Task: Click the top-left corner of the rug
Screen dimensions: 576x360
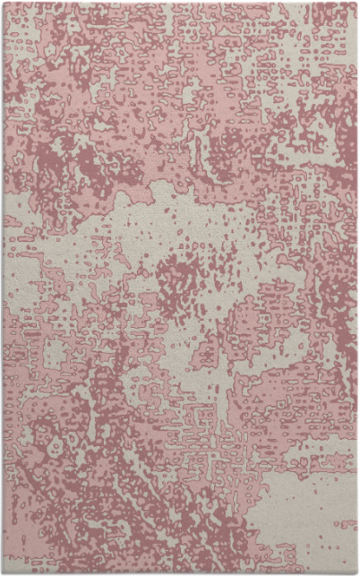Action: coord(3,3)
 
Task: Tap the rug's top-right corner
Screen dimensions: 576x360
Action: coord(357,3)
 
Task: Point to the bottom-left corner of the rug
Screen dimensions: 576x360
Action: coord(3,573)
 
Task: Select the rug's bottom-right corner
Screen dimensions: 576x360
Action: coord(357,573)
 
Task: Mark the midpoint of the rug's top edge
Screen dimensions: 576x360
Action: coord(180,3)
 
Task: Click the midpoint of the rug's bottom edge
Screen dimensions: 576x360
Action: coord(180,573)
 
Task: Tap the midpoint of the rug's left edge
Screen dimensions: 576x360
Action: coord(3,288)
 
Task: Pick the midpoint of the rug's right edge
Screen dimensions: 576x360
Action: coord(357,288)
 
